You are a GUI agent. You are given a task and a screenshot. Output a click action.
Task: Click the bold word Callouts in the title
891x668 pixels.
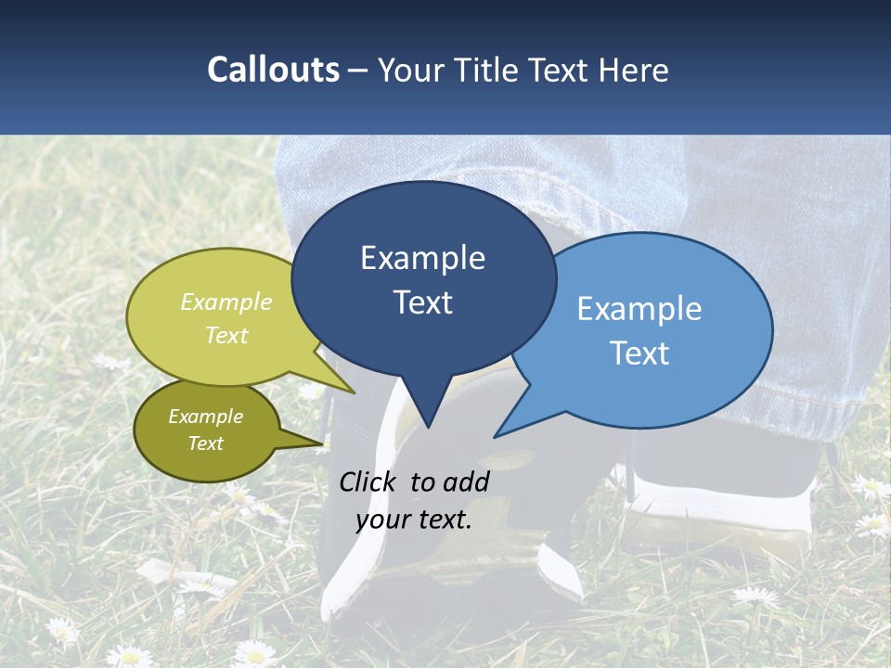pyautogui.click(x=273, y=70)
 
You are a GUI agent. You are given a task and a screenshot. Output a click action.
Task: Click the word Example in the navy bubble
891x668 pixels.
pyautogui.click(x=422, y=258)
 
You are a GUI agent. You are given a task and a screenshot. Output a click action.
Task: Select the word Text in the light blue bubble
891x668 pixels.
pyautogui.click(x=639, y=353)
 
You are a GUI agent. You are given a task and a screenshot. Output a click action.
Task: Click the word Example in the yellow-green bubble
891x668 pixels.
pyautogui.click(x=226, y=302)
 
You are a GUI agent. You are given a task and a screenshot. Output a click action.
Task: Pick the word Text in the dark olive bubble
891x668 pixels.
pyautogui.click(x=205, y=443)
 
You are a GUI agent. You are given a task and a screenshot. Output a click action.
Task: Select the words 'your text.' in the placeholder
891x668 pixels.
pyautogui.click(x=414, y=520)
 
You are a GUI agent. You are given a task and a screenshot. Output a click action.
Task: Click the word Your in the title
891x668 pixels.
pyautogui.click(x=414, y=70)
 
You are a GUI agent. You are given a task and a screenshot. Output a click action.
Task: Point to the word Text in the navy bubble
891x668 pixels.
pyautogui.click(x=422, y=302)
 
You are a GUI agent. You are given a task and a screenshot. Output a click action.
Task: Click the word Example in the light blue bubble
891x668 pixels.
pyautogui.click(x=639, y=309)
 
